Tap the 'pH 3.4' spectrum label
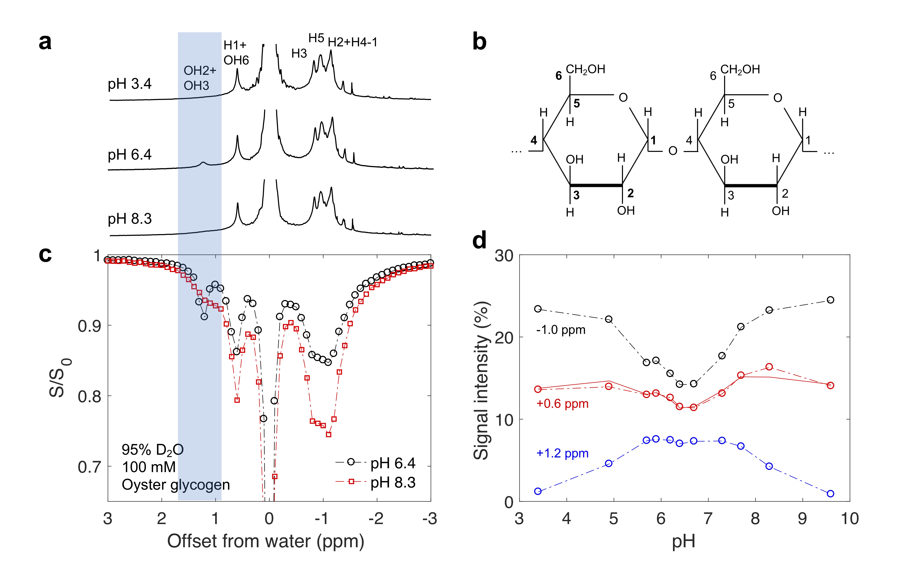(x=129, y=84)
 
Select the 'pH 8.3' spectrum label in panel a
(x=129, y=218)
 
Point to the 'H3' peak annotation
(x=299, y=54)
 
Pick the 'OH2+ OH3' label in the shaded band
(x=199, y=78)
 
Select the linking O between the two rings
(x=673, y=151)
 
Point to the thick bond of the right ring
(x=751, y=186)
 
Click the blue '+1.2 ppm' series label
(x=562, y=453)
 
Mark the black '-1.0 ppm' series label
(x=561, y=330)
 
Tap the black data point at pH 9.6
(x=830, y=300)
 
